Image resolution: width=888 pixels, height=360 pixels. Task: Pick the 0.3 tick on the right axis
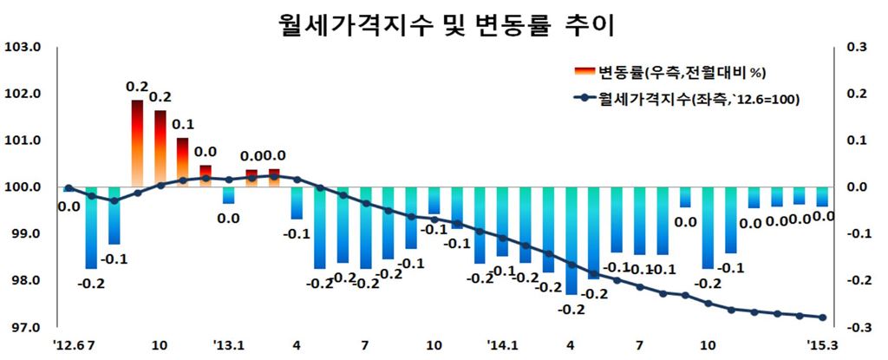[x=857, y=47]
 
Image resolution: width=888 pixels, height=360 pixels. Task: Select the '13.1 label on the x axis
[x=228, y=344]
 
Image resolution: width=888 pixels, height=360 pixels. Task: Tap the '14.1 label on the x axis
[x=502, y=344]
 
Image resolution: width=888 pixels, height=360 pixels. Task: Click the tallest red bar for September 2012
[x=137, y=143]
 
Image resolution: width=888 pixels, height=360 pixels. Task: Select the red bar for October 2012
[x=160, y=148]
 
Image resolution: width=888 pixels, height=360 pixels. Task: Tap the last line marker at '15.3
[x=822, y=317]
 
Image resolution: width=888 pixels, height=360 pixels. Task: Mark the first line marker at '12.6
[x=69, y=187]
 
